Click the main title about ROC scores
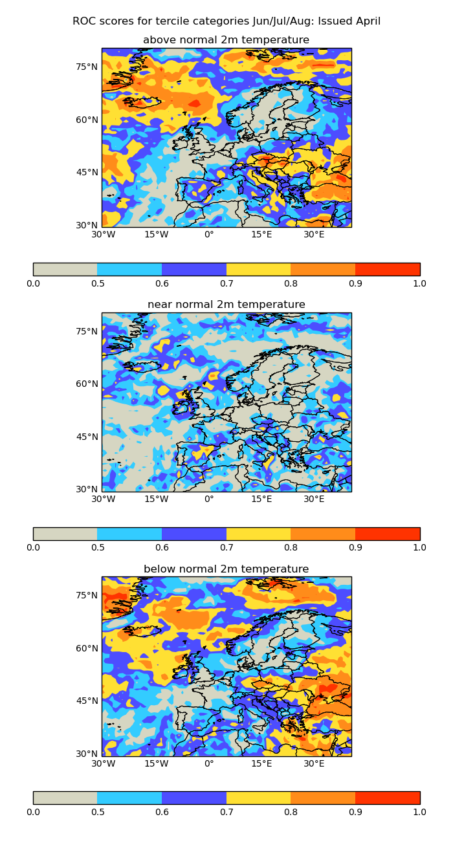click(226, 21)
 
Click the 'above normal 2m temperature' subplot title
click(226, 40)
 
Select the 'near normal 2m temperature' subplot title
click(226, 305)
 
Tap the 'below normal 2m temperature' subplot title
click(226, 569)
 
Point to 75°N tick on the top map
click(87, 67)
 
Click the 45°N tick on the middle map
click(87, 437)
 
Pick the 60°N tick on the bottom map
click(87, 648)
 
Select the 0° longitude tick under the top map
click(209, 235)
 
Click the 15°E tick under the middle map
click(261, 499)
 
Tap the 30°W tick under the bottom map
click(104, 764)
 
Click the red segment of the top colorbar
click(388, 269)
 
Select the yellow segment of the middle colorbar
click(259, 534)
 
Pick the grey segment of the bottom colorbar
click(65, 798)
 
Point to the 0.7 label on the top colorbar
click(226, 283)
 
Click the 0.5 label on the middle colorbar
click(97, 548)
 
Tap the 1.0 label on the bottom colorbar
click(419, 812)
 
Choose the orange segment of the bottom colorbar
click(323, 798)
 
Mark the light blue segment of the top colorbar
click(129, 269)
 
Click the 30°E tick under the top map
click(315, 235)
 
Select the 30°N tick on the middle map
click(87, 490)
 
